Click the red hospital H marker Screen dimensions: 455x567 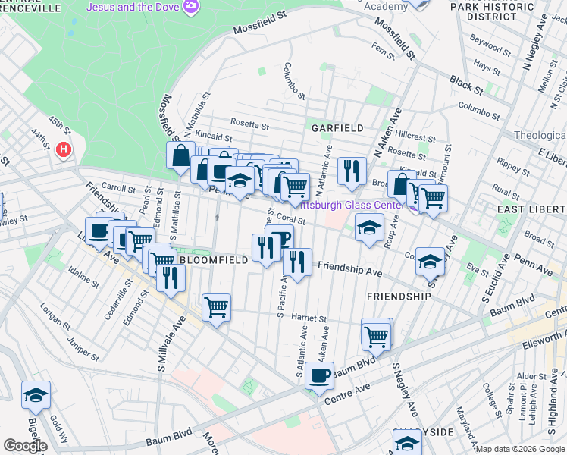(x=64, y=149)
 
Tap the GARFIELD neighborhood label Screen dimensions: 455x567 (x=335, y=128)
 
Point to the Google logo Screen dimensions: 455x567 (x=24, y=446)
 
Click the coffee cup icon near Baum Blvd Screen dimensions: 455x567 (x=320, y=374)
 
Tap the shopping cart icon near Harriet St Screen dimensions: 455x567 (x=217, y=307)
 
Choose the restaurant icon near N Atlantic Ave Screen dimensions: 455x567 (x=351, y=171)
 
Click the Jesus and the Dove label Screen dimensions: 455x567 (x=134, y=7)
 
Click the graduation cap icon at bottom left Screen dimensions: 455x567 (x=36, y=394)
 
